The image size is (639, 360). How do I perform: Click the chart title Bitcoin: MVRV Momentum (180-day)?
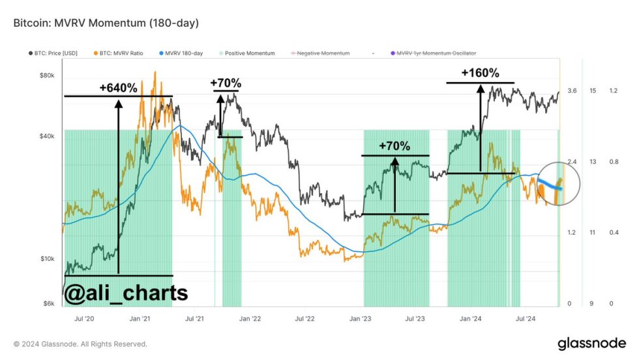[x=106, y=23]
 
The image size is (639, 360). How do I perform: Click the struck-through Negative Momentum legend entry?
[x=319, y=52]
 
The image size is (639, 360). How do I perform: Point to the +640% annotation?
[x=118, y=87]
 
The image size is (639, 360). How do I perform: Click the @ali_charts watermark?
[x=126, y=293]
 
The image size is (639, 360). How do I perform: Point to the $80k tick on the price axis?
[x=47, y=75]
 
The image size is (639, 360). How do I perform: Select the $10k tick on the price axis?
[x=47, y=259]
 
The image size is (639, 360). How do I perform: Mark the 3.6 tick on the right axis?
[x=572, y=91]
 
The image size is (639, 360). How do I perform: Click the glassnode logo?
[x=591, y=343]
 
